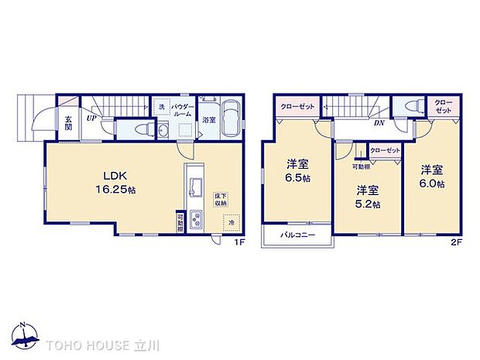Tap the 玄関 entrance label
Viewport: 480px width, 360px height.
coord(68,123)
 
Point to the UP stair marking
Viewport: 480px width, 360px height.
coord(91,119)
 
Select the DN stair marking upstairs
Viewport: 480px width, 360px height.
coord(381,122)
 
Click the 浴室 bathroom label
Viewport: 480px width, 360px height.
coord(209,120)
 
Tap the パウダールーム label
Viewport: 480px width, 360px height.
coord(180,110)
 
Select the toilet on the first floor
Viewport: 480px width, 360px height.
coord(134,129)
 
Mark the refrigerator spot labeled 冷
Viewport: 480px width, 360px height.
coord(230,223)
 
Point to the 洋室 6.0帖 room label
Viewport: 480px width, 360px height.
coord(433,176)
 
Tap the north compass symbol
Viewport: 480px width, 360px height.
coord(25,334)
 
